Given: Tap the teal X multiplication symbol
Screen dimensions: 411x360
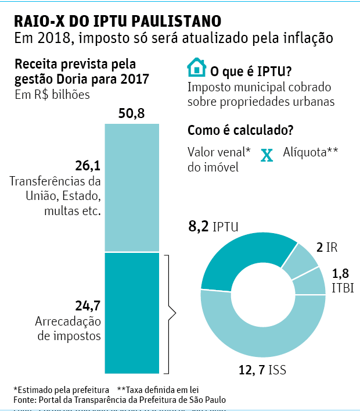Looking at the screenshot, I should coord(267,155).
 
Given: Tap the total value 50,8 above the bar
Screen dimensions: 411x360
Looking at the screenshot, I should coord(131,114).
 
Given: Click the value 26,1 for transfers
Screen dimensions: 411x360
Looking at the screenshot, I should coord(88,165).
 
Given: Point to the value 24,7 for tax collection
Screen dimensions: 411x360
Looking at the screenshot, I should coord(88,304).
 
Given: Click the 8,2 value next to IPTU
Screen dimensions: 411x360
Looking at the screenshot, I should coord(198,226).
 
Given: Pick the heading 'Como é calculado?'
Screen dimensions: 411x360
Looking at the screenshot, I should coord(240,130).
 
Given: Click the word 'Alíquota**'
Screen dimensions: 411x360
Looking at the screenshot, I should coord(311,153).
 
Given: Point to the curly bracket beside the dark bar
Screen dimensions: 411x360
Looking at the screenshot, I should coord(170,314).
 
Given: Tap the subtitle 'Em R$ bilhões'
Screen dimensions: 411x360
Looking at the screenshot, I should coord(52,95).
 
